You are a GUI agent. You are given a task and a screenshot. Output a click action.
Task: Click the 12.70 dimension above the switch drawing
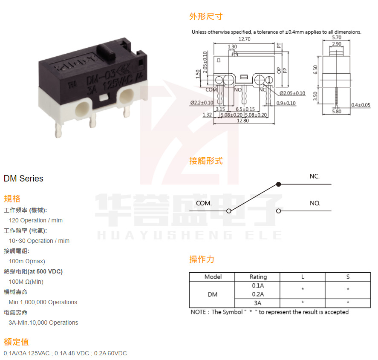(x=244, y=39)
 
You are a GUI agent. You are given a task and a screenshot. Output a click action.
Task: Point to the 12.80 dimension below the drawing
(x=243, y=121)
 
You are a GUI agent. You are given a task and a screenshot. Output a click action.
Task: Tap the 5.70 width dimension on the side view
(x=336, y=37)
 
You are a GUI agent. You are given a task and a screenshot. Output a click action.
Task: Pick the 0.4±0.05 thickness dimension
(x=361, y=105)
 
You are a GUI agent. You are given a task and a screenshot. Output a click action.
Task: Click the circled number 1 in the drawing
(x=269, y=80)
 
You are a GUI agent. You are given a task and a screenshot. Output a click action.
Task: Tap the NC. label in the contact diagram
(x=315, y=176)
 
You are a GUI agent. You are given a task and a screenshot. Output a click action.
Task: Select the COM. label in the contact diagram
(x=204, y=203)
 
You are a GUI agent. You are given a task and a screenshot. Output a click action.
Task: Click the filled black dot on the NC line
(x=279, y=184)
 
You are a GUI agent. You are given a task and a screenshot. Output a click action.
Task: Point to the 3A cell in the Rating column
(x=258, y=303)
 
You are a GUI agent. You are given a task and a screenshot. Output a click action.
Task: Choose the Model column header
(x=213, y=277)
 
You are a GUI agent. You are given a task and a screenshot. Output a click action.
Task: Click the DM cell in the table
(x=212, y=294)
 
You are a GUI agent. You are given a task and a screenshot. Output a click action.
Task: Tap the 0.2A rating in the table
(x=258, y=294)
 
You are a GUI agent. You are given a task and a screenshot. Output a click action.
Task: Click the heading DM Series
(x=23, y=179)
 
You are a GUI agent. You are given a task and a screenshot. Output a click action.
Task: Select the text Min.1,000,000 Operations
(x=43, y=302)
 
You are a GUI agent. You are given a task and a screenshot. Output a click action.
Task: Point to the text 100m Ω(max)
(x=27, y=261)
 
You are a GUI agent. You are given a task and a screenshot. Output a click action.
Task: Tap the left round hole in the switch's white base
(x=82, y=109)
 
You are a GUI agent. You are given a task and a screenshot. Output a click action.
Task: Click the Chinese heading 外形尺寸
(x=206, y=17)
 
